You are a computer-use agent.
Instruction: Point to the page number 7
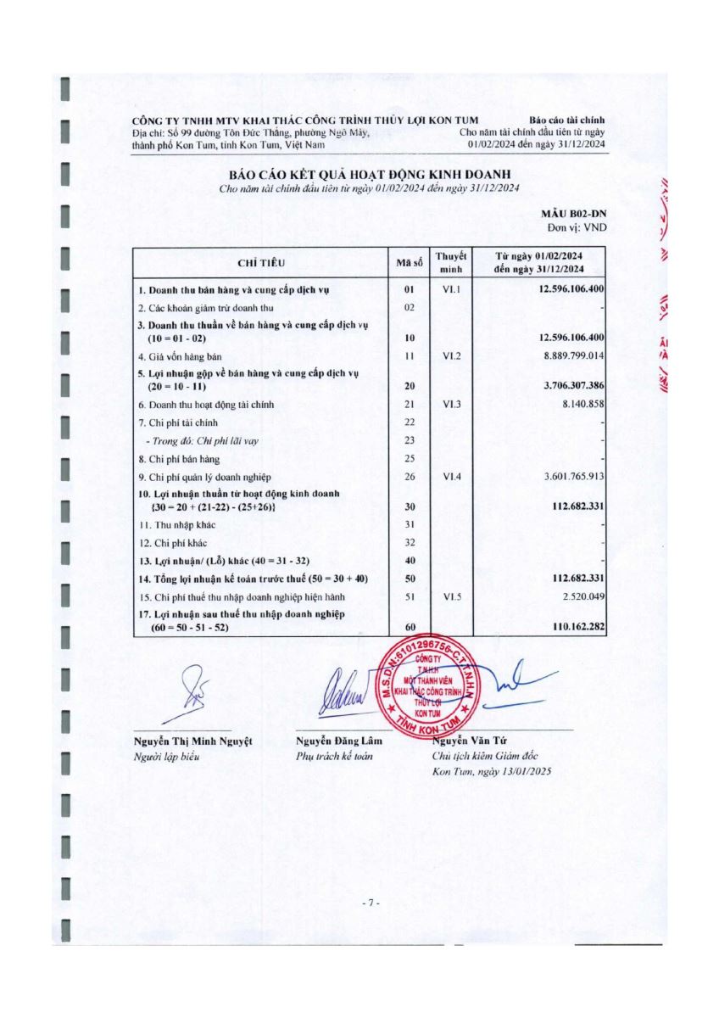[369, 903]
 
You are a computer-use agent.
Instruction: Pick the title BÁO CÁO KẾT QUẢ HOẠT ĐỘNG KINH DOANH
[369, 173]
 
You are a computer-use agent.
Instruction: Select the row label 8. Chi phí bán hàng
[173, 458]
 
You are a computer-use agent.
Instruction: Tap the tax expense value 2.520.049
[580, 596]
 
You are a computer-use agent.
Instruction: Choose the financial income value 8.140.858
[580, 405]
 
